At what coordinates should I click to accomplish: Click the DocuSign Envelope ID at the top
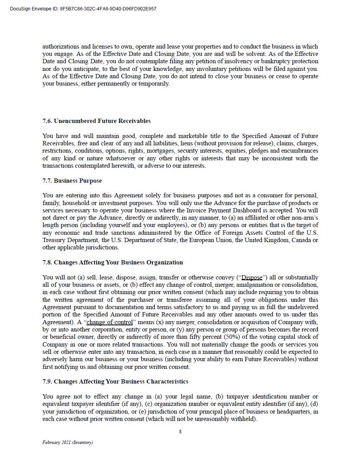click(83, 9)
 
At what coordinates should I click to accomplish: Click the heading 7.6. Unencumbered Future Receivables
click(96, 121)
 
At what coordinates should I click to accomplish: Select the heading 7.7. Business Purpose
click(72, 181)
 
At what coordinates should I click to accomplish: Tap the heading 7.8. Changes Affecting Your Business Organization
click(113, 262)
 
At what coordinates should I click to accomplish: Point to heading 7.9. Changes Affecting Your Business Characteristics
click(115, 382)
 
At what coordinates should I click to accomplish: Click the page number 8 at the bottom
click(180, 432)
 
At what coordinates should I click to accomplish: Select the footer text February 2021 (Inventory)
click(68, 442)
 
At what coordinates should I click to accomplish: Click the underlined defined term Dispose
click(252, 278)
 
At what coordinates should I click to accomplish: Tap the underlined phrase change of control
click(109, 322)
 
